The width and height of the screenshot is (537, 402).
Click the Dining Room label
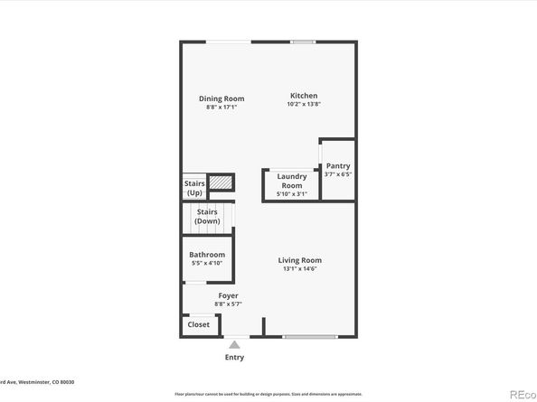221,98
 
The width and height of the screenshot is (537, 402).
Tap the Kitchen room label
304,96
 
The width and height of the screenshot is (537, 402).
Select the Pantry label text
337,165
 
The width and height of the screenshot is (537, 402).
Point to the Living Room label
299,260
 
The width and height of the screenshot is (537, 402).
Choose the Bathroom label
207,255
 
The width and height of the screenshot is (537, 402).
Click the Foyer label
228,295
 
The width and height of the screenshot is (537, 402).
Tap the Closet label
198,324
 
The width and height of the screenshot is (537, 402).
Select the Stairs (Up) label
194,187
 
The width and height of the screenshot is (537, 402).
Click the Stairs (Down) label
207,216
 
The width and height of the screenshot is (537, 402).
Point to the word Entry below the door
234,358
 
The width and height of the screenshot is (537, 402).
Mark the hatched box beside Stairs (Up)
221,183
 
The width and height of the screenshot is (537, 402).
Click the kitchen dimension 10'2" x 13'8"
304,105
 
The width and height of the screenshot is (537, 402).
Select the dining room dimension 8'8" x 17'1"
221,108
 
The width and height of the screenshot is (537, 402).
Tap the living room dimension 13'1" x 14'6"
299,268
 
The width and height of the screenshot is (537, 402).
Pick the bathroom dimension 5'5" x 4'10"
207,263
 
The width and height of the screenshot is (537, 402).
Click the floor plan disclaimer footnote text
268,394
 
